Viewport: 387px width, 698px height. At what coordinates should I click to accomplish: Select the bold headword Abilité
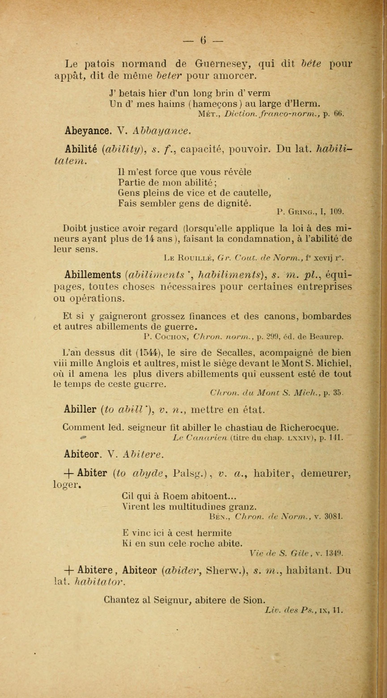tap(81, 149)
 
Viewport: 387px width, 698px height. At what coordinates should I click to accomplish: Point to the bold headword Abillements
tap(93, 275)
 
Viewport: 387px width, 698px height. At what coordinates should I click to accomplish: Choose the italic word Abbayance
tap(162, 131)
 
